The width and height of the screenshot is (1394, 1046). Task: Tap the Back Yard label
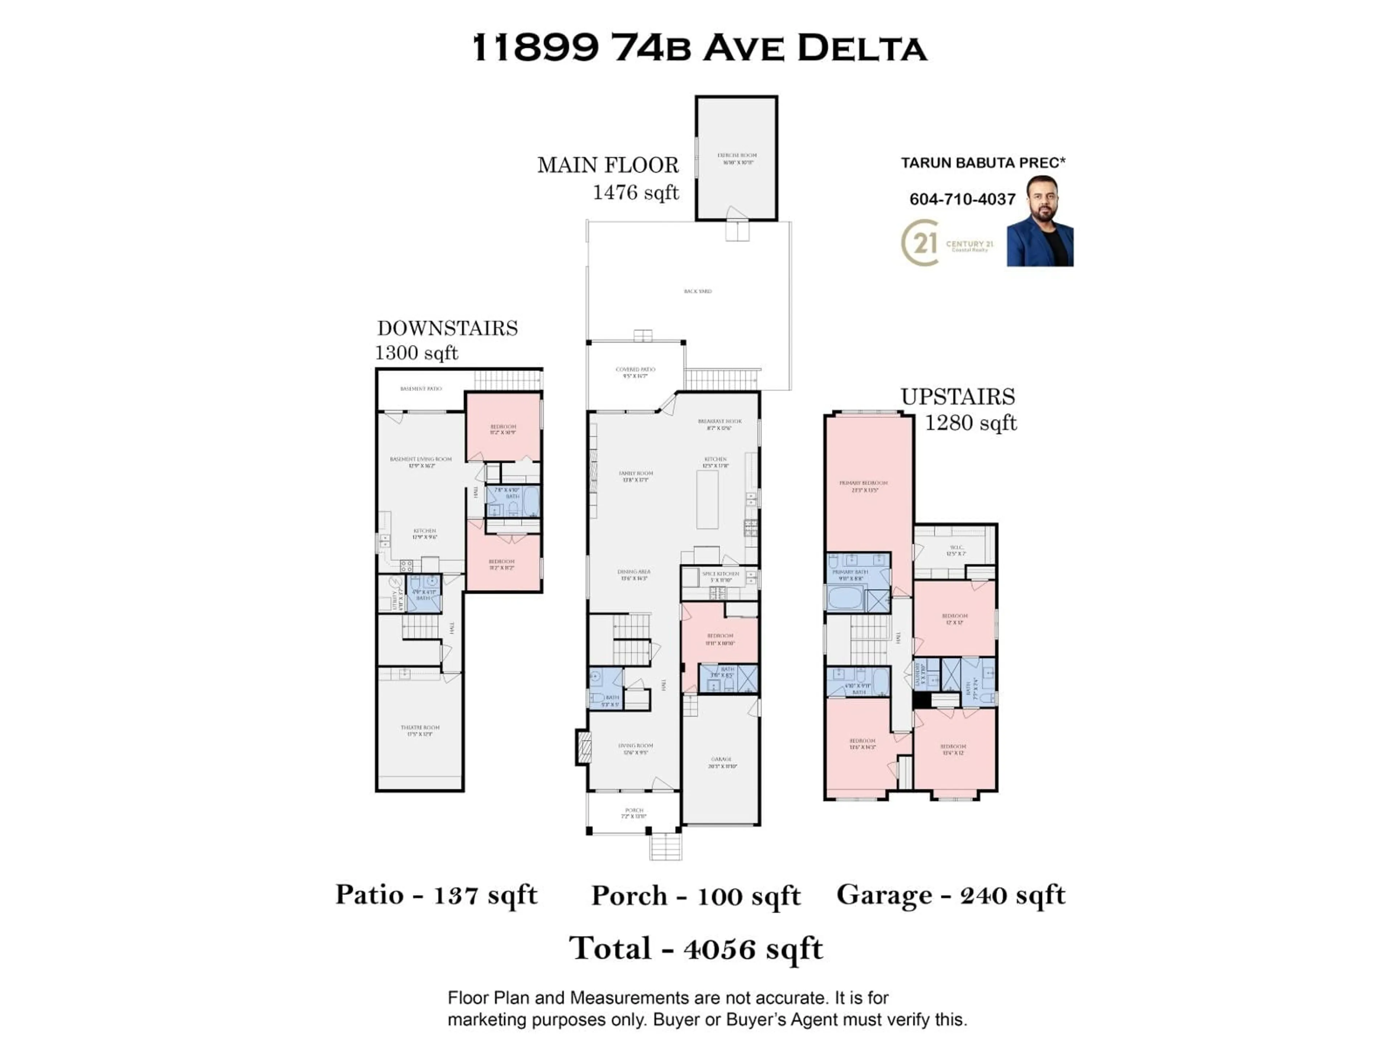click(698, 291)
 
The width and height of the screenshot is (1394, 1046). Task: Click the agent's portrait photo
click(1040, 222)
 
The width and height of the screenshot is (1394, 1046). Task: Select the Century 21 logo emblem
click(921, 243)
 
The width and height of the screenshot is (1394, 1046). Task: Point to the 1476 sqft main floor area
click(635, 192)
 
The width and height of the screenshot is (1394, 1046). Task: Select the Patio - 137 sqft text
click(436, 895)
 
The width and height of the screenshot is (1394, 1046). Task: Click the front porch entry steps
click(665, 846)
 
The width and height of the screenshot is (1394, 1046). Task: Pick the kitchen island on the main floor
click(707, 499)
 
